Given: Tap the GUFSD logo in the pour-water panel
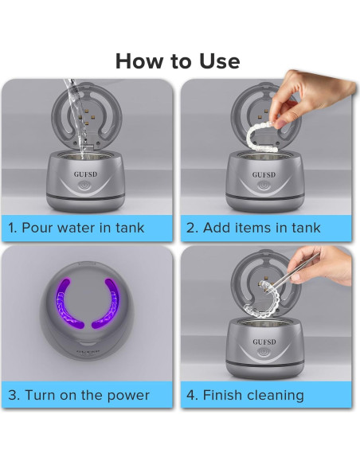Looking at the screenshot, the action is (x=85, y=174).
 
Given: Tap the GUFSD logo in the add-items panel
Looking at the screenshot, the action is (x=264, y=174).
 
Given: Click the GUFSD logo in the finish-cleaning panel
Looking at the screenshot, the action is (x=264, y=342).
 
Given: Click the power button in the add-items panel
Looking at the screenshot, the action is (x=264, y=186).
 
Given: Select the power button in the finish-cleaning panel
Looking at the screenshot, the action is (x=264, y=352).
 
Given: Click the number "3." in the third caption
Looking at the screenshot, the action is (x=14, y=395).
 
